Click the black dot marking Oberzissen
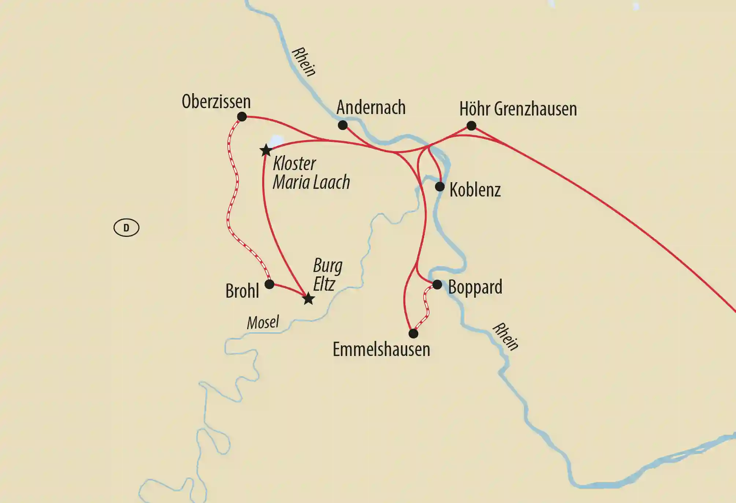(x=242, y=117)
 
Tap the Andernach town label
(x=371, y=107)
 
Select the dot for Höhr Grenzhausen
(x=471, y=126)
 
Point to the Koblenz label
(x=475, y=190)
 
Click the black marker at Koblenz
(x=440, y=187)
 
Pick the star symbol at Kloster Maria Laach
(x=266, y=150)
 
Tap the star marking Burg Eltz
(x=308, y=299)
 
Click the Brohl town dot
(x=270, y=284)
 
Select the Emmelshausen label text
(x=381, y=349)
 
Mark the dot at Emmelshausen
(x=413, y=334)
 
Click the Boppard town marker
(x=437, y=284)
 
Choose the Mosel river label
(x=263, y=323)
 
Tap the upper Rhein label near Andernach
(x=304, y=62)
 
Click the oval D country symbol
(x=126, y=228)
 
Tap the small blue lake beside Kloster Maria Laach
(x=276, y=141)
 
